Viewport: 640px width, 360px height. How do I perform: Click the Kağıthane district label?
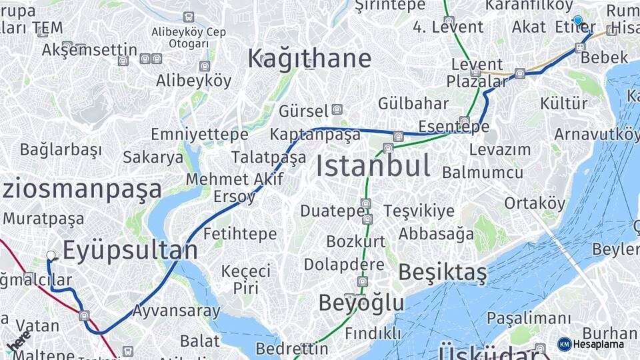click(x=309, y=59)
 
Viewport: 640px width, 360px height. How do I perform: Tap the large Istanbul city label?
click(x=373, y=166)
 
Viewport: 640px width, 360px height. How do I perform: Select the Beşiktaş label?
click(x=443, y=273)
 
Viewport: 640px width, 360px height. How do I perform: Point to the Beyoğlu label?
click(x=361, y=303)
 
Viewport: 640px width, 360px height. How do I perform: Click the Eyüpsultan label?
click(x=130, y=251)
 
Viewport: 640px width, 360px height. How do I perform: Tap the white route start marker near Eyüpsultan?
click(x=51, y=255)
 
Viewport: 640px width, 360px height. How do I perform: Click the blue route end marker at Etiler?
click(x=577, y=21)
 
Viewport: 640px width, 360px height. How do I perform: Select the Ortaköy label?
click(x=535, y=203)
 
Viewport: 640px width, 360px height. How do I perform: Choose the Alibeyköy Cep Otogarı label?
click(x=189, y=37)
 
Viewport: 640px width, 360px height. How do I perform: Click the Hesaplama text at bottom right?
click(x=599, y=345)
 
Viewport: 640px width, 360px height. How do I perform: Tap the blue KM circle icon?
click(x=564, y=345)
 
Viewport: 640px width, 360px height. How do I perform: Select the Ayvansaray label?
click(x=176, y=311)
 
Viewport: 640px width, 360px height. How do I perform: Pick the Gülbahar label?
click(x=413, y=103)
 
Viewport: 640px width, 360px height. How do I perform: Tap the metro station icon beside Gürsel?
click(x=337, y=109)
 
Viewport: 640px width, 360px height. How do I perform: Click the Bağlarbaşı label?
click(x=61, y=149)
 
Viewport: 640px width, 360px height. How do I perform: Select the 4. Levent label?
click(x=448, y=27)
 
